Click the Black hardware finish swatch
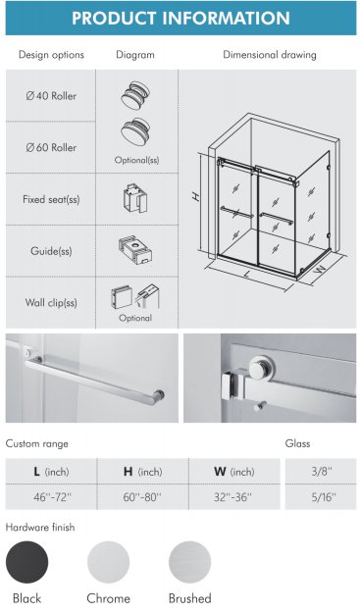pos(26,562)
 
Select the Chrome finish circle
pos(108,562)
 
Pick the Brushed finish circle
pos(189,562)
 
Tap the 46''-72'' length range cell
pos(51,497)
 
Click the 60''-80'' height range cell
pos(142,497)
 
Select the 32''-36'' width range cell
pos(234,497)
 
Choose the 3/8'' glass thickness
pos(322,471)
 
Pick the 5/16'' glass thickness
pos(322,497)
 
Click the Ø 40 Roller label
pos(51,96)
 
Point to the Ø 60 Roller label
pos(51,147)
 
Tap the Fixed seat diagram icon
pos(135,198)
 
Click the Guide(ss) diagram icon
pos(135,250)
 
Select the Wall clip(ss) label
pos(51,303)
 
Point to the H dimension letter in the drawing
pos(197,197)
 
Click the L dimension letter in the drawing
pos(246,274)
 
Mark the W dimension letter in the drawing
pos(321,269)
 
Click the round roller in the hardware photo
pos(262,367)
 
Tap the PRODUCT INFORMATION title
pos(180,18)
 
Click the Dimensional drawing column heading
pos(270,55)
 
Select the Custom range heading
pos(36,443)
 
